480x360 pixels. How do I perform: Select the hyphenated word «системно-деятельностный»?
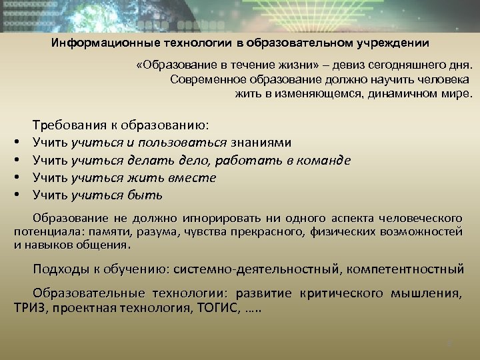pyautogui.click(x=254, y=269)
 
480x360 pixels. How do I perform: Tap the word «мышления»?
pyautogui.click(x=428, y=293)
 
